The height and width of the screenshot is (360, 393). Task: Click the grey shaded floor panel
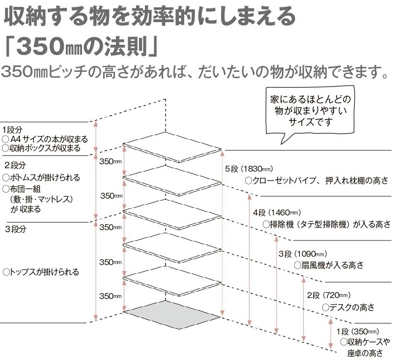(x=172, y=315)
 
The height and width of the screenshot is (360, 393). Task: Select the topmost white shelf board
(x=172, y=147)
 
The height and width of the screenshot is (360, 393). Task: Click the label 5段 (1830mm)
(x=249, y=169)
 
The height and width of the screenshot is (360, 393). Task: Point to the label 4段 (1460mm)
(x=277, y=213)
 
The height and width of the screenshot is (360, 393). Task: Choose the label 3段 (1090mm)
(x=303, y=254)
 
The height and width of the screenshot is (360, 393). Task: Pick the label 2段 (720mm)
(x=329, y=295)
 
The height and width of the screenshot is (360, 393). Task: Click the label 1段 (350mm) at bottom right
(x=358, y=332)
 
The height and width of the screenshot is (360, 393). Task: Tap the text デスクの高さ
(x=348, y=307)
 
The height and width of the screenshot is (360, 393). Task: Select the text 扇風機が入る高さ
(x=329, y=265)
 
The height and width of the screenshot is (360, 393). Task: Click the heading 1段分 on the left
(x=12, y=130)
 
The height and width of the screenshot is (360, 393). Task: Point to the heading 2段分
(x=15, y=165)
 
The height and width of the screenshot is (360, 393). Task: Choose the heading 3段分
(x=16, y=229)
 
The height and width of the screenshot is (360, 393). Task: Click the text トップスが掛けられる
(x=41, y=271)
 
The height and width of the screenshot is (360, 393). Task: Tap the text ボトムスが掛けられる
(x=41, y=178)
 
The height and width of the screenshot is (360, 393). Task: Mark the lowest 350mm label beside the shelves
(x=111, y=296)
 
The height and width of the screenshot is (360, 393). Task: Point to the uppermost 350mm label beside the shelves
(x=111, y=161)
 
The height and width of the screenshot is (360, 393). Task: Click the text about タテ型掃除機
(x=327, y=224)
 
